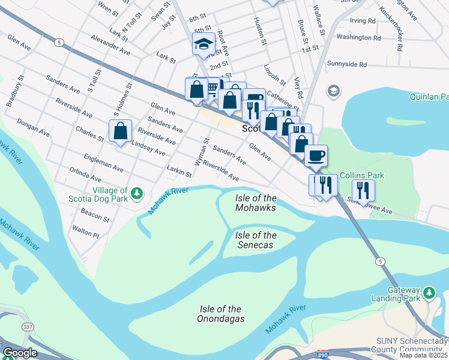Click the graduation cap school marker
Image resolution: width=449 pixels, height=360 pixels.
point(203,44)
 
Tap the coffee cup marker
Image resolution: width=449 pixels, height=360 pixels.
point(316,156)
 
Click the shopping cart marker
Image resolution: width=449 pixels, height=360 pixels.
point(212,89)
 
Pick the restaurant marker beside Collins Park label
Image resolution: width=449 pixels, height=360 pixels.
point(363,190)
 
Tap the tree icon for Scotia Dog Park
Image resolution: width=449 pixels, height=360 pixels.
point(137,193)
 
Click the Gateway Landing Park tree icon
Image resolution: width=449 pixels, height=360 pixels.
point(429,293)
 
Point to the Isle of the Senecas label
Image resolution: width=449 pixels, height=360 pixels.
point(256,240)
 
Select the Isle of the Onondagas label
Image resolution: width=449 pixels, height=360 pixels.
point(221,314)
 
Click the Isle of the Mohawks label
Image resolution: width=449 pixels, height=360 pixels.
point(256,203)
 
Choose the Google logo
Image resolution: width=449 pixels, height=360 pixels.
point(20,353)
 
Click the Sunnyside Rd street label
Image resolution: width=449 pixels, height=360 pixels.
point(346,64)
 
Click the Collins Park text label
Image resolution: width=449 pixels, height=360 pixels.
point(361,175)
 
